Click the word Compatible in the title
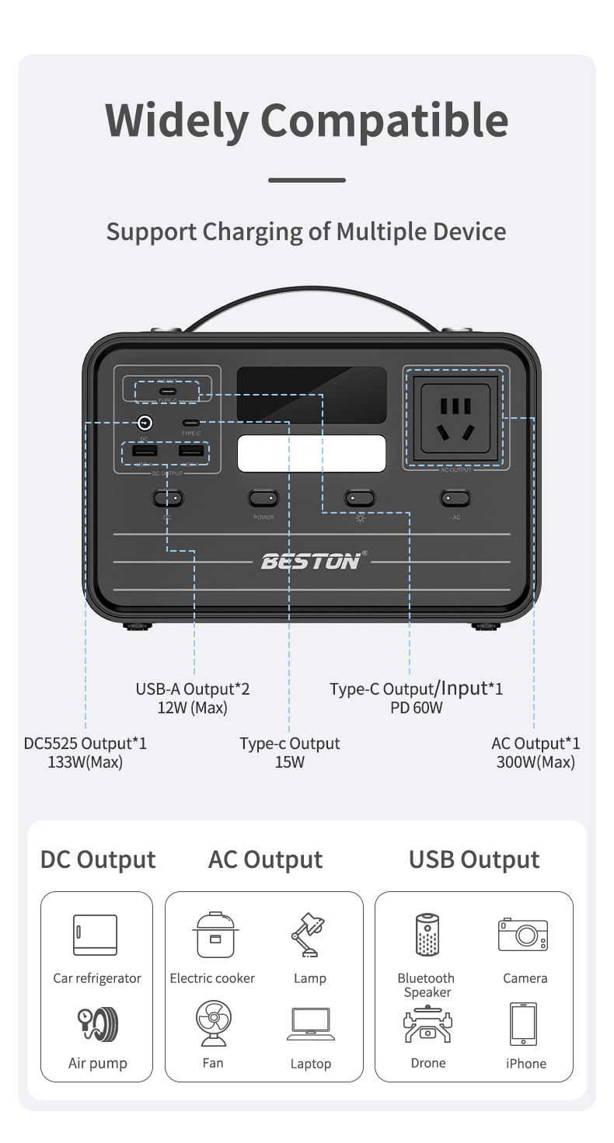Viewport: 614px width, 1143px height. pyautogui.click(x=384, y=121)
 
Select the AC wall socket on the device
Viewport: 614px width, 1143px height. pyautogui.click(x=455, y=419)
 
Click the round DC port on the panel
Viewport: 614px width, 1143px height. pyautogui.click(x=144, y=423)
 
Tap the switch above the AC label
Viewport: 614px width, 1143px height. pyautogui.click(x=456, y=497)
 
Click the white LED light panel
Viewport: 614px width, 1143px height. pyautogui.click(x=312, y=453)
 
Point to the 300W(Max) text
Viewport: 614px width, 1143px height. pyautogui.click(x=536, y=762)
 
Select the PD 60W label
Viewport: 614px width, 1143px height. pyautogui.click(x=416, y=708)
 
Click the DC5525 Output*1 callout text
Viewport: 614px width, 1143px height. pyautogui.click(x=85, y=744)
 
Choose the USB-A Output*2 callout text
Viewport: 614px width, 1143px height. pyautogui.click(x=193, y=688)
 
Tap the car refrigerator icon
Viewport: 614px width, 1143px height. pyautogui.click(x=96, y=935)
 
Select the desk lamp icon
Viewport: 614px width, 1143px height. pyautogui.click(x=309, y=935)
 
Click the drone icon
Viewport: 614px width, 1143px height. pyautogui.click(x=427, y=1025)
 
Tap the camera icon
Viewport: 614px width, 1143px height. pyautogui.click(x=523, y=934)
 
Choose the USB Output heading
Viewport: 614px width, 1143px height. pyautogui.click(x=474, y=860)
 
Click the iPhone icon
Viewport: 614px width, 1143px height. pyautogui.click(x=523, y=1024)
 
